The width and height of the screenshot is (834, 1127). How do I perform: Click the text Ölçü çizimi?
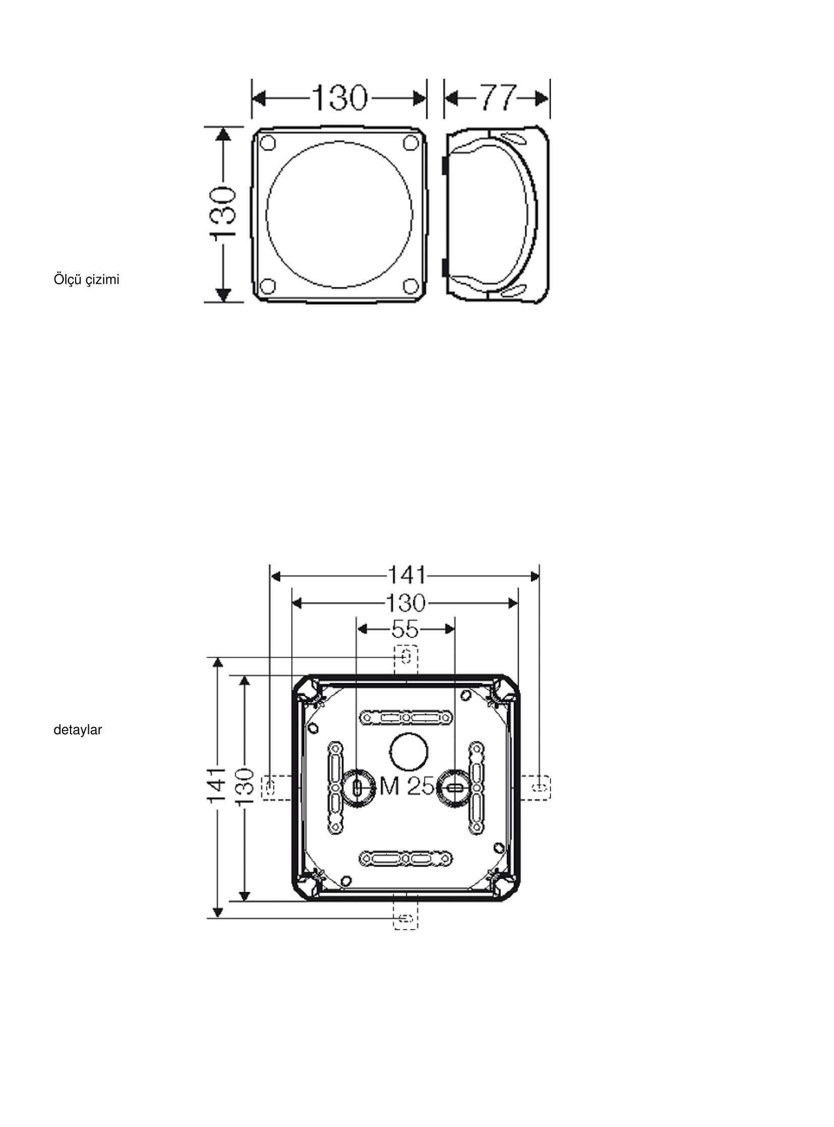click(86, 279)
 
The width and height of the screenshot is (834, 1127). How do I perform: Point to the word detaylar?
click(78, 730)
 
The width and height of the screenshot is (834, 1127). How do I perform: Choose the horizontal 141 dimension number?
click(406, 576)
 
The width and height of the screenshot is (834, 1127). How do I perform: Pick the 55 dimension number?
click(405, 630)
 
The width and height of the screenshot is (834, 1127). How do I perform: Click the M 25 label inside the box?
click(406, 786)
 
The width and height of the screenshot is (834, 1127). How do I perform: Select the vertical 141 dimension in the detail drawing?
click(217, 786)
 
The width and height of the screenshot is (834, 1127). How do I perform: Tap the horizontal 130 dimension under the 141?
click(406, 603)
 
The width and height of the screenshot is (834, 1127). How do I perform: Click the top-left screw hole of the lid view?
click(269, 143)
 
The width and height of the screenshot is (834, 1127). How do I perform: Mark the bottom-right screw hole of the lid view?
click(410, 286)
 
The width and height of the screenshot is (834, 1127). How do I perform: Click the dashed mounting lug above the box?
click(406, 659)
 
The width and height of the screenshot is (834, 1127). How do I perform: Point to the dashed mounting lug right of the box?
click(536, 788)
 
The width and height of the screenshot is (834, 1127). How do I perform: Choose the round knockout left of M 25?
click(357, 787)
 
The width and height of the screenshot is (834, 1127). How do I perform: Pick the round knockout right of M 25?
click(453, 787)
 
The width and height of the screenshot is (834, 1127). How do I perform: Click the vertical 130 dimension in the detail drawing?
click(244, 786)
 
